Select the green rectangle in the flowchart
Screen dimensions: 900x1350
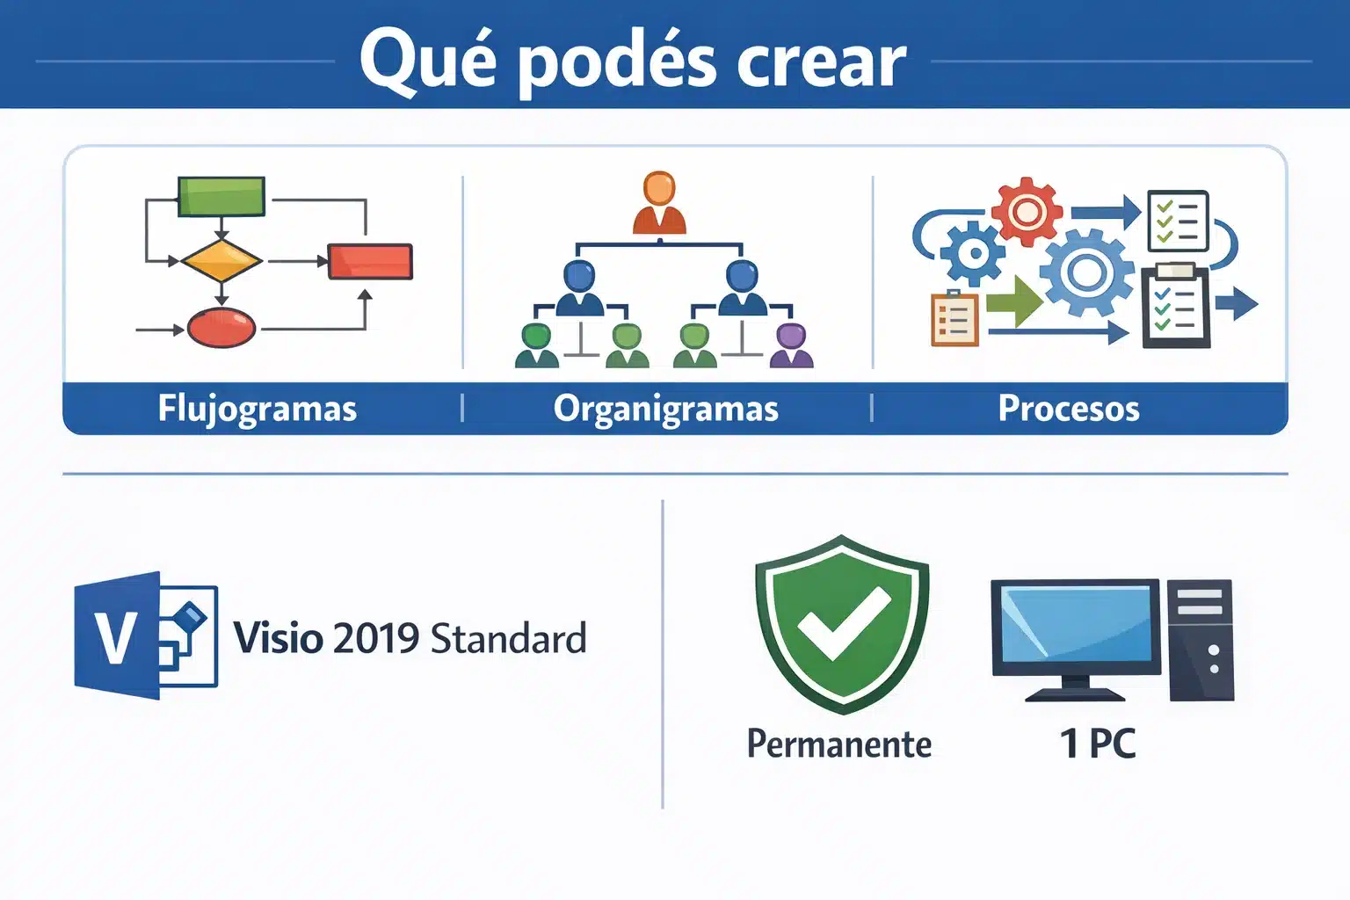(221, 196)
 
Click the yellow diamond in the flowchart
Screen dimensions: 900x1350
(221, 261)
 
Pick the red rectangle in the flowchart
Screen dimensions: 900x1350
(370, 262)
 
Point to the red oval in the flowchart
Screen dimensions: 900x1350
(221, 329)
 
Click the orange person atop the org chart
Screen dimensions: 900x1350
(659, 203)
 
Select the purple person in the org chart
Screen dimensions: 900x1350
(792, 345)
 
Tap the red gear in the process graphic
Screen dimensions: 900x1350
(1026, 211)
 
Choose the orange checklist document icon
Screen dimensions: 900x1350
(954, 318)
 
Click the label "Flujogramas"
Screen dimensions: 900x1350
(258, 409)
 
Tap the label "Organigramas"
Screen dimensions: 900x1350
(666, 409)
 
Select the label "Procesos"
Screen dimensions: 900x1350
(1069, 409)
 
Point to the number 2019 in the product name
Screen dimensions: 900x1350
(376, 639)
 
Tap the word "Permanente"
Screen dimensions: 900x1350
(839, 744)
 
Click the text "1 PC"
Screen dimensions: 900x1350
(1098, 744)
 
